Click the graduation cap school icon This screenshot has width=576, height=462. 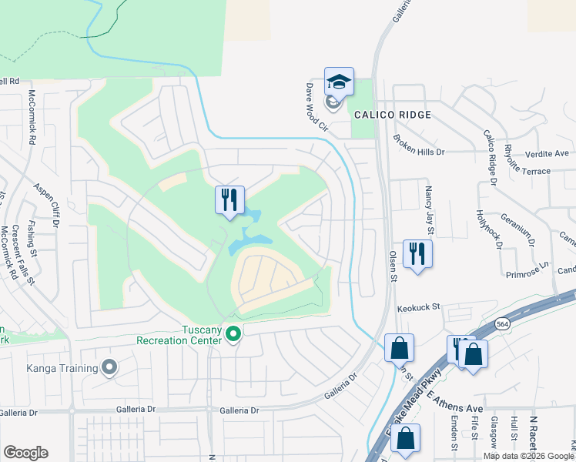339,82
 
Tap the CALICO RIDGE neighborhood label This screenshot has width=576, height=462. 392,115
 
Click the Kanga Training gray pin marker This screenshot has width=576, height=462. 109,367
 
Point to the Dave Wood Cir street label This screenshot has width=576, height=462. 316,109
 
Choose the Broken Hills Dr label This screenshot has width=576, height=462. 419,145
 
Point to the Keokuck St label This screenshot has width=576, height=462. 418,307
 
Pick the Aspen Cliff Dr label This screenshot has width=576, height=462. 46,205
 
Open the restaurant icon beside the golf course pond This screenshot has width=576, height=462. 229,201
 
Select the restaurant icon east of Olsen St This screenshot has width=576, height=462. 417,254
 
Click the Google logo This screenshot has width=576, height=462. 25,453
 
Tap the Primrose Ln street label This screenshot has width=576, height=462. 527,269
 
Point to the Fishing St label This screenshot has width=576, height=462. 31,237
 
